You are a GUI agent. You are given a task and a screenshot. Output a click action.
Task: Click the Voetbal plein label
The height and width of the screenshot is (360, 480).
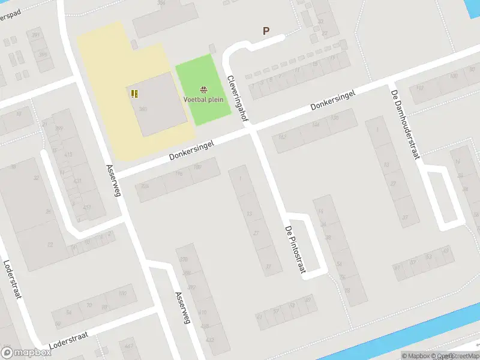click(203, 100)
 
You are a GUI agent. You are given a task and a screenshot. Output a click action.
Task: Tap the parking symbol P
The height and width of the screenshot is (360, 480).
click(266, 31)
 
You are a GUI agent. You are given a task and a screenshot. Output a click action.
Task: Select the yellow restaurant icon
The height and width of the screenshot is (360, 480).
click(134, 93)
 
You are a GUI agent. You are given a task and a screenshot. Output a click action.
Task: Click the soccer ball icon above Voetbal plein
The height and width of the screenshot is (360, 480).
click(203, 90)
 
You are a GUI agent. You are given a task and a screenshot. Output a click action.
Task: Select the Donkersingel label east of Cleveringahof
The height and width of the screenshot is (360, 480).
click(333, 100)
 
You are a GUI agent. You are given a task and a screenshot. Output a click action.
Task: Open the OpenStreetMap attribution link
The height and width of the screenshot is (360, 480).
click(455, 356)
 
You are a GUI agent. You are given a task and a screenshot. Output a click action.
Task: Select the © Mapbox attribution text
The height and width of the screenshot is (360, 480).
click(416, 356)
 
